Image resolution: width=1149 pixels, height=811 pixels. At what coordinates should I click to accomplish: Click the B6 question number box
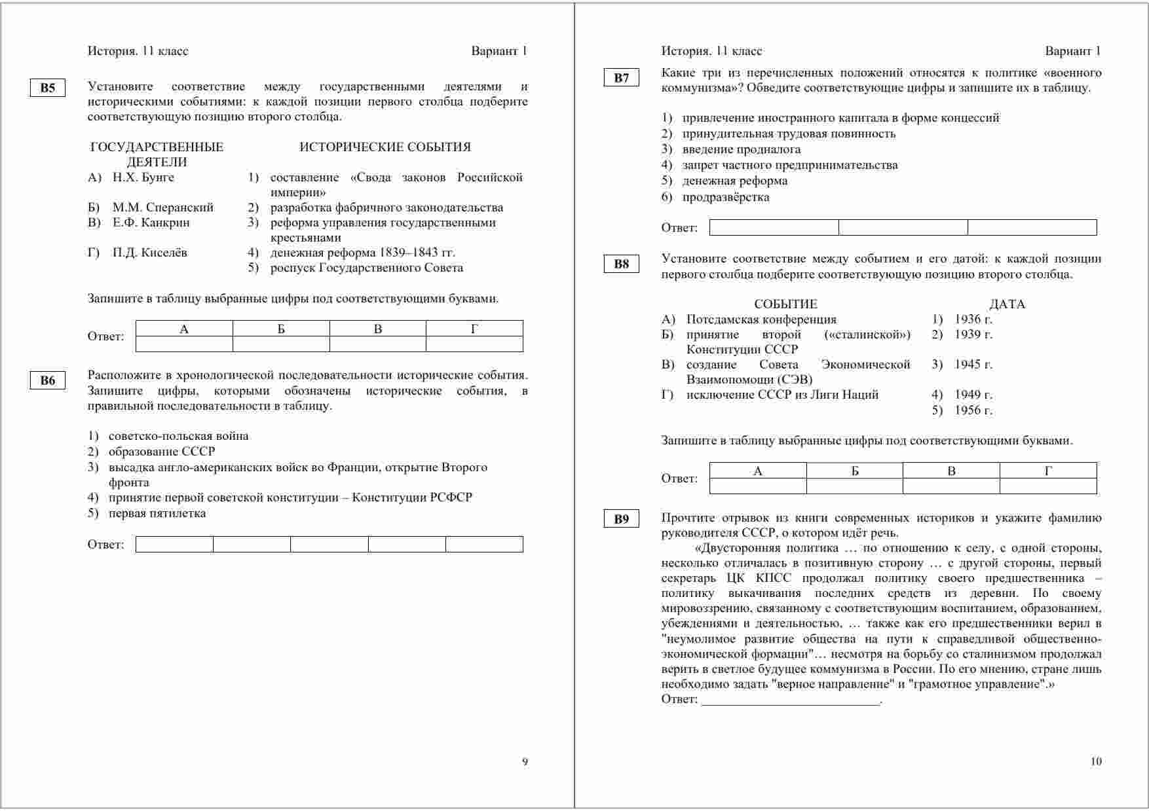pyautogui.click(x=48, y=381)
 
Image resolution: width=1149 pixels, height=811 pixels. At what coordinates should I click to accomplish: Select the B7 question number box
pyautogui.click(x=621, y=78)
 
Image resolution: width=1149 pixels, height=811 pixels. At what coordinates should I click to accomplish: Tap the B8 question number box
pyautogui.click(x=621, y=264)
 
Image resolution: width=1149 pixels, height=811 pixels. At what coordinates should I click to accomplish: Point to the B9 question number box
pyautogui.click(x=621, y=520)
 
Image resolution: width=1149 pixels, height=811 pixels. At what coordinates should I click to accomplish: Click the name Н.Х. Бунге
pyautogui.click(x=143, y=177)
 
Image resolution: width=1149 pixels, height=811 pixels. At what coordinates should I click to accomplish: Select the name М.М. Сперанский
pyautogui.click(x=163, y=207)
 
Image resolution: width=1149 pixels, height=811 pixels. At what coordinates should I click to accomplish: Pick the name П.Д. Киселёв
pyautogui.click(x=150, y=253)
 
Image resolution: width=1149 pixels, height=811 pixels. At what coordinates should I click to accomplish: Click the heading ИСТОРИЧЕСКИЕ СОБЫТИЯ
pyautogui.click(x=385, y=147)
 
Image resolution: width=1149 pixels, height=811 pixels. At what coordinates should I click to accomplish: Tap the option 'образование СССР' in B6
pyautogui.click(x=162, y=452)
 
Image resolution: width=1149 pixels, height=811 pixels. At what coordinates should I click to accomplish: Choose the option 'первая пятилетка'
pyautogui.click(x=157, y=513)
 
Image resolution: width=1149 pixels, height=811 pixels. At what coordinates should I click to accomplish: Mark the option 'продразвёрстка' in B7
pyautogui.click(x=726, y=197)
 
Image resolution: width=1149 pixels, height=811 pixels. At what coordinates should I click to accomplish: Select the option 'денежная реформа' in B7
pyautogui.click(x=735, y=181)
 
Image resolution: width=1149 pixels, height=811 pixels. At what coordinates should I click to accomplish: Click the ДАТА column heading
pyautogui.click(x=1007, y=304)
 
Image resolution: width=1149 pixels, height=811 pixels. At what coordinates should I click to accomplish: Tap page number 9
pyautogui.click(x=525, y=761)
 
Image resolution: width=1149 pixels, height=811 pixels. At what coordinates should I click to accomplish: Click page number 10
pyautogui.click(x=1096, y=761)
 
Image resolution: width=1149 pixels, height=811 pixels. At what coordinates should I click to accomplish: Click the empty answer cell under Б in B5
pyautogui.click(x=281, y=344)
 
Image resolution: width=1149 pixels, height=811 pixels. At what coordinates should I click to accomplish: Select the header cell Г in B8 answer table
pyautogui.click(x=1048, y=471)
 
